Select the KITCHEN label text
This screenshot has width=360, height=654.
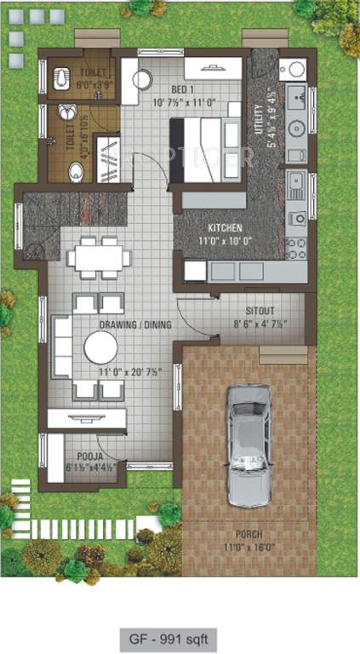225,228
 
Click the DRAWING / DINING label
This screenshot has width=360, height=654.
134,324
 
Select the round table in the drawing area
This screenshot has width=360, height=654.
100,347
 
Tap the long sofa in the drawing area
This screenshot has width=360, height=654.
61,346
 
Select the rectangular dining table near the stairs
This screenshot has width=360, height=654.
99,257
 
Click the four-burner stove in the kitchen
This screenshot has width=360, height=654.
297,248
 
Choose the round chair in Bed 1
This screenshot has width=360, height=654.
142,79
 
